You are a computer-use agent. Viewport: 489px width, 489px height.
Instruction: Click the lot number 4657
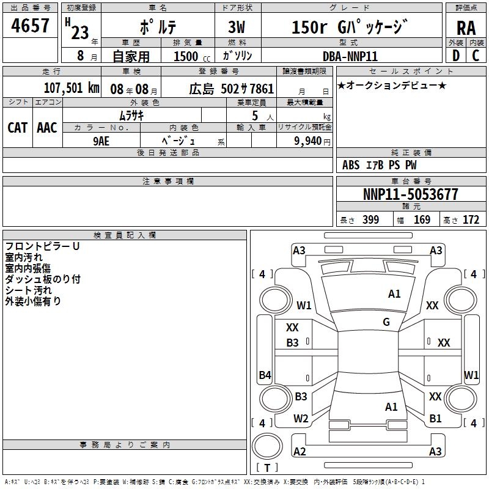click(31, 26)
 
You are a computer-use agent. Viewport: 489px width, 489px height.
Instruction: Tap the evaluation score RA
click(466, 28)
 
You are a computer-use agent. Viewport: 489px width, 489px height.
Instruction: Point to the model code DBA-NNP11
click(350, 56)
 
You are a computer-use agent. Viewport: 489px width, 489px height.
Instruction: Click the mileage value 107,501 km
click(71, 87)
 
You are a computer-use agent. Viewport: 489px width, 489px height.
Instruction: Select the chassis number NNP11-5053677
click(410, 194)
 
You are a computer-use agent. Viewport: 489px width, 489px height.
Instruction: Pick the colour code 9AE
click(101, 140)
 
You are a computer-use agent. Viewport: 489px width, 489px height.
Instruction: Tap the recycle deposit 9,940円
click(311, 141)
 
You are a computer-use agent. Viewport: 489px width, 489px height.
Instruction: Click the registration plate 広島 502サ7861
click(231, 88)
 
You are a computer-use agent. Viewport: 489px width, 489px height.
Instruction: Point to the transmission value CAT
click(18, 127)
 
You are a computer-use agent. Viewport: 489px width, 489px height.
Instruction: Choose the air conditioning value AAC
click(47, 127)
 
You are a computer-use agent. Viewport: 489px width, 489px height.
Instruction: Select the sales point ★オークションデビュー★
click(391, 85)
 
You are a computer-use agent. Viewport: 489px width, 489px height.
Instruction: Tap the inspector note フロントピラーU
click(42, 246)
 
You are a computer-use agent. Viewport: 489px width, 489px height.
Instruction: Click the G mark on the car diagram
click(386, 322)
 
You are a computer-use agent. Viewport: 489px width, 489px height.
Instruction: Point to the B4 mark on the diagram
click(265, 375)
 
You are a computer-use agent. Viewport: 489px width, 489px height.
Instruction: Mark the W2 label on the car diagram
click(301, 419)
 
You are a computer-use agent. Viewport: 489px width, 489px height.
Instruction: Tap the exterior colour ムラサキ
click(131, 114)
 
